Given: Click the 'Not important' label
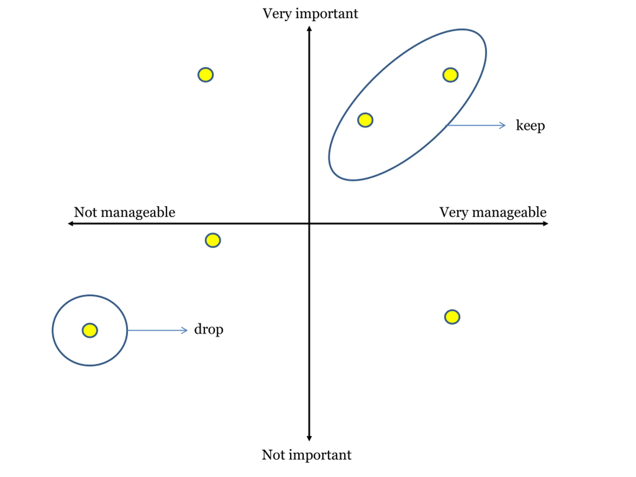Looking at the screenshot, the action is (306, 455).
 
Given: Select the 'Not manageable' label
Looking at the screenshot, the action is (124, 212).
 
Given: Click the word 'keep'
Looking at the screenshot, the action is (530, 126).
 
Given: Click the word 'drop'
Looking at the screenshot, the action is (208, 329).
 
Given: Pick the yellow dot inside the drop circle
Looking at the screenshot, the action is (90, 330).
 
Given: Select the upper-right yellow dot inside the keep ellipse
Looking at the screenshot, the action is (450, 75).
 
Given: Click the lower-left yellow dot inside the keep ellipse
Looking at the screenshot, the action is (365, 120).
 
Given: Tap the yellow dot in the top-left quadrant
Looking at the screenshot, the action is (205, 75).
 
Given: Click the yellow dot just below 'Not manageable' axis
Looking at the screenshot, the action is (213, 240).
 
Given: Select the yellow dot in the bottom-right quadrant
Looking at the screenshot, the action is (452, 317).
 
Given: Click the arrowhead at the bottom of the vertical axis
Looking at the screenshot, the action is (309, 438).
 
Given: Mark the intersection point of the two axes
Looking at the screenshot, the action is (309, 223).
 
